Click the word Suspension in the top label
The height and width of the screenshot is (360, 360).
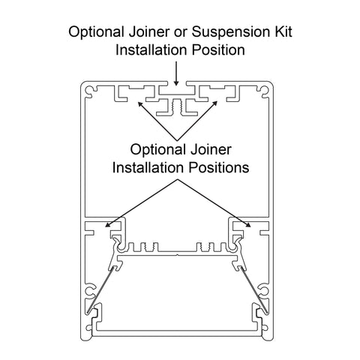click(229, 33)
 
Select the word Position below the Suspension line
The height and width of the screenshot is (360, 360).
click(218, 49)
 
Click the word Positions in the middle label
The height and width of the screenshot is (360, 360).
click(219, 167)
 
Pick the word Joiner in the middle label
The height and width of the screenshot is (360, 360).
click(211, 149)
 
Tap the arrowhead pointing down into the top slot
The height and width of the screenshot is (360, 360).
click(176, 82)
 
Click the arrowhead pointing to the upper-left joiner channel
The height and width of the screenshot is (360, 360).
click(140, 104)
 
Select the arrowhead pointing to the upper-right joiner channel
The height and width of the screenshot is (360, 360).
click(214, 103)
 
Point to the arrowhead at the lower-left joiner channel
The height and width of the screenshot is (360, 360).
click(107, 225)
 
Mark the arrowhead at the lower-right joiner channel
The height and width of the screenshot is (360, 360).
click(248, 225)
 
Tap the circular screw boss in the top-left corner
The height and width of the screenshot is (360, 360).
click(89, 91)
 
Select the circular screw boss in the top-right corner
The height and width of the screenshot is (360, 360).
click(265, 91)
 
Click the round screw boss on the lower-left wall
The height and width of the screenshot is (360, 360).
click(89, 291)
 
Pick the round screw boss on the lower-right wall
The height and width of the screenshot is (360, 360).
click(265, 291)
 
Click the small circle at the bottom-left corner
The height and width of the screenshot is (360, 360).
click(88, 328)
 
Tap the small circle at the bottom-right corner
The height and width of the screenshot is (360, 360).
click(265, 328)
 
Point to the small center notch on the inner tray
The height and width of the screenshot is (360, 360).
click(177, 255)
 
